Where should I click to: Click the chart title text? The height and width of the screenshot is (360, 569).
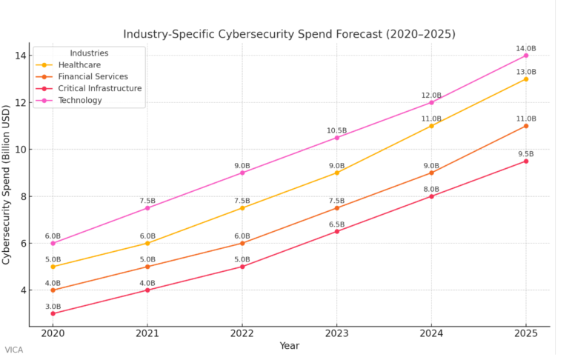[289, 34]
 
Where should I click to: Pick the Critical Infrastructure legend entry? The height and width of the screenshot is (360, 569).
[99, 88]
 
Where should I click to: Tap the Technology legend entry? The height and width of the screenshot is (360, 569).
[80, 100]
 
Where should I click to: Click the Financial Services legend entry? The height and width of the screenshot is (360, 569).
[93, 76]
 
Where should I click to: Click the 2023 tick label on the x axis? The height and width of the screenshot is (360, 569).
[336, 334]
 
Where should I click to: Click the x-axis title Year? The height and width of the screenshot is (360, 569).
[290, 346]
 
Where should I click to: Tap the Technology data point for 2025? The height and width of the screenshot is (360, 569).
[526, 56]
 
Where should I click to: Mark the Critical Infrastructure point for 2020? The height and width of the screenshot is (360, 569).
[53, 313]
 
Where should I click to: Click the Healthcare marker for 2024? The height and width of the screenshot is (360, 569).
[431, 126]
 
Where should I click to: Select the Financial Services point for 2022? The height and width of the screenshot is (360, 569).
[242, 243]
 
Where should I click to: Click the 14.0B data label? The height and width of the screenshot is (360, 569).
[526, 48]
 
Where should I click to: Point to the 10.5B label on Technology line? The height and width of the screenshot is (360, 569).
[336, 130]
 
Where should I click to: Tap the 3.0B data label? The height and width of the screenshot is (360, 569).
[53, 306]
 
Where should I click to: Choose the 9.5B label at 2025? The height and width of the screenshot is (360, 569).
[526, 153]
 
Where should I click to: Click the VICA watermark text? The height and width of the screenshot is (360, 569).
[13, 350]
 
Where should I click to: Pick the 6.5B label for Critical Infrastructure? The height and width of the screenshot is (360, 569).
[336, 224]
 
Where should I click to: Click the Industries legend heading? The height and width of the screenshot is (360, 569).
[89, 53]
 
